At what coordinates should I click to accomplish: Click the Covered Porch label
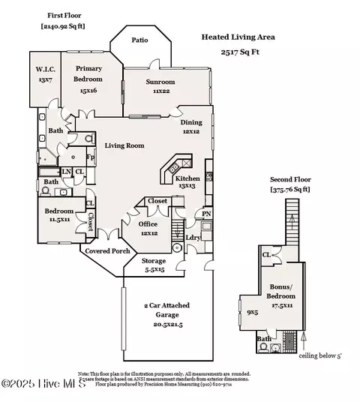[x=106, y=251]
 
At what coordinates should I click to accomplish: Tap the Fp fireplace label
[x=90, y=157]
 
